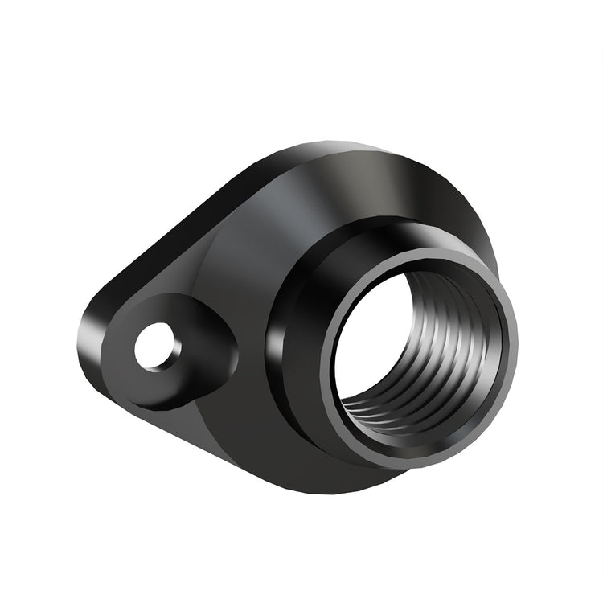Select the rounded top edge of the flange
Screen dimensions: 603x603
click(338, 149)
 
